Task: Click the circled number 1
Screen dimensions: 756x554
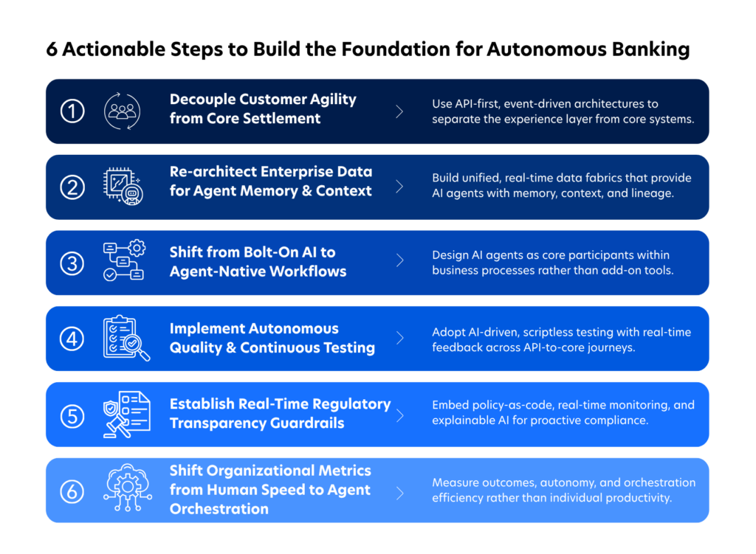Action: click(x=72, y=111)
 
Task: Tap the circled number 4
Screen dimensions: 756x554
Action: click(x=72, y=339)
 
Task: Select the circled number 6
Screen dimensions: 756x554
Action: click(x=72, y=491)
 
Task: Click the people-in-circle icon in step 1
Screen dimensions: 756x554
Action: click(x=123, y=111)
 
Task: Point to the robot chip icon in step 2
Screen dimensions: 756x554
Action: click(x=123, y=187)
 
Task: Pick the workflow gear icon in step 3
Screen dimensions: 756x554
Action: click(x=124, y=260)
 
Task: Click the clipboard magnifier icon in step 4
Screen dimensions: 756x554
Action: click(x=126, y=338)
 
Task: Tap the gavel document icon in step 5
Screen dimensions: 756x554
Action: click(x=127, y=415)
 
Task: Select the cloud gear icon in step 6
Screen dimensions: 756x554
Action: click(x=127, y=488)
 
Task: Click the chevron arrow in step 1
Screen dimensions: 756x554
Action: click(x=399, y=112)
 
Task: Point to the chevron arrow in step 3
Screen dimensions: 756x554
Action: click(x=399, y=260)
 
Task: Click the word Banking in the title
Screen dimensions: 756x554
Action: click(x=651, y=49)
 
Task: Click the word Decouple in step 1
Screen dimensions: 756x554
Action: click(x=202, y=100)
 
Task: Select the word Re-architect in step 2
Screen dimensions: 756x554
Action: click(x=210, y=171)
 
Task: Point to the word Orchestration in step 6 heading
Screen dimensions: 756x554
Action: click(x=219, y=509)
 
